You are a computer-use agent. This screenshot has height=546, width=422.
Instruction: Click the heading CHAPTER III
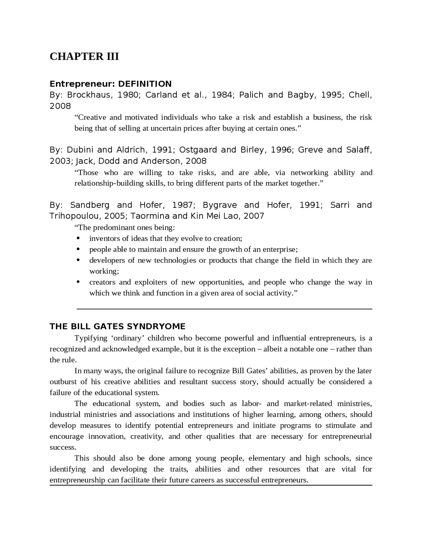[x=84, y=56]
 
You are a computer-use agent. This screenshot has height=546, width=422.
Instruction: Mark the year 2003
[x=62, y=161]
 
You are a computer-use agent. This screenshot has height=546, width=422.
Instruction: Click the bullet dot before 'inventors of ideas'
[x=78, y=238]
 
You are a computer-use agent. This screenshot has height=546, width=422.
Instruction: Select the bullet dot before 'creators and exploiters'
[x=78, y=282]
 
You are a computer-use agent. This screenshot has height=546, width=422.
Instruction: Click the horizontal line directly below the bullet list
[x=224, y=309]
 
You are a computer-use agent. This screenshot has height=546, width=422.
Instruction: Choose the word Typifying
[x=91, y=338]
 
